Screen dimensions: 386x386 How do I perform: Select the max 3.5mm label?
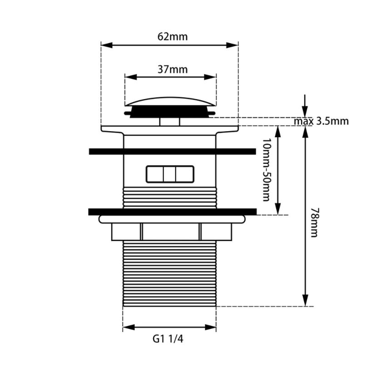(x=321, y=121)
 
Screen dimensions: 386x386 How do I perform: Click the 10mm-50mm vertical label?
(x=266, y=170)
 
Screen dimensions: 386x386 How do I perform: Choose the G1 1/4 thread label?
(x=168, y=338)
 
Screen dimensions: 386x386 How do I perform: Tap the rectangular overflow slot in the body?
(x=170, y=174)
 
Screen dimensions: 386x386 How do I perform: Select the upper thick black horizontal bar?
(x=172, y=151)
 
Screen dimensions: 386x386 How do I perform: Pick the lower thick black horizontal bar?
(x=172, y=211)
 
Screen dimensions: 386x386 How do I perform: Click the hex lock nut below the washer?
(x=171, y=232)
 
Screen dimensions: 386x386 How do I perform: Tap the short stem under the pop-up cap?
(x=170, y=122)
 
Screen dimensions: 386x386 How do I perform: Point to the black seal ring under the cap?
(x=170, y=111)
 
